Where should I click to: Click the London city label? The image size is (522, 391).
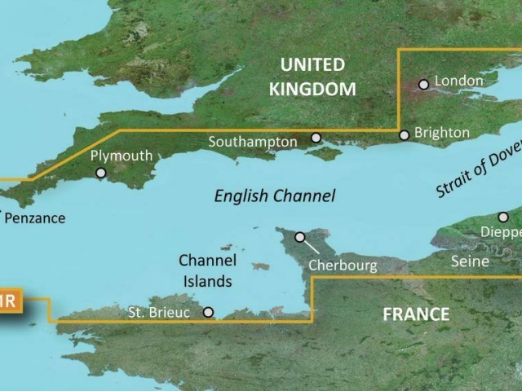(459, 81)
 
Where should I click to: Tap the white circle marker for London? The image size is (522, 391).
(423, 84)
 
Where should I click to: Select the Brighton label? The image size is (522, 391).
(442, 132)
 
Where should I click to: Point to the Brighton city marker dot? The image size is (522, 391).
(404, 135)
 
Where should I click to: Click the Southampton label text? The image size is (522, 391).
(252, 142)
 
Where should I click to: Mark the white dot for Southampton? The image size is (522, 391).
(316, 138)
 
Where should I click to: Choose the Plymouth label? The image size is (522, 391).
(122, 155)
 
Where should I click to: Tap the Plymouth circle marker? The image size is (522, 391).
(100, 173)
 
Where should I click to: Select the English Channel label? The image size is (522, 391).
(274, 195)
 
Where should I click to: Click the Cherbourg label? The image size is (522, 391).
(343, 266)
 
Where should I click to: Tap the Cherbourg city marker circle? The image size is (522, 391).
(300, 237)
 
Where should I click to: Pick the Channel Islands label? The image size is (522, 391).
(208, 271)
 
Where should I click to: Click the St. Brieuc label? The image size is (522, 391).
(160, 311)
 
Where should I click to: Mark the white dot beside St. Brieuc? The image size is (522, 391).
(208, 312)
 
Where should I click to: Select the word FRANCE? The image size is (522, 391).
(415, 314)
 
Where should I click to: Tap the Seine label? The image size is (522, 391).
(470, 261)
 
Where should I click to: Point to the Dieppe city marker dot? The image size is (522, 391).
(503, 217)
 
